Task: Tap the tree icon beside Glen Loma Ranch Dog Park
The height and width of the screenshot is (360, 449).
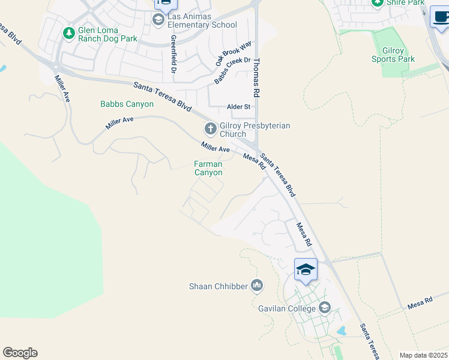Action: point(69,32)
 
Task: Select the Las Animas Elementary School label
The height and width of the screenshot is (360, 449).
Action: point(202,21)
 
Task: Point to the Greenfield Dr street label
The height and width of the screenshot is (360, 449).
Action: point(173,54)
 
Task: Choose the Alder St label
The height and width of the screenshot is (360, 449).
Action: point(238,107)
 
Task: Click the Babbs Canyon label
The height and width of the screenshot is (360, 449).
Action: point(127,104)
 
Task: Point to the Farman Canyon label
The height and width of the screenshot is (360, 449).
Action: point(208,168)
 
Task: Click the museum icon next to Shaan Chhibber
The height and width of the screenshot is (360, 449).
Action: point(258,285)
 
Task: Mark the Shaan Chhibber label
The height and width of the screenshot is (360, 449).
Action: point(218,286)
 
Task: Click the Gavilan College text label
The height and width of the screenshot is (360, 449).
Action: point(287,308)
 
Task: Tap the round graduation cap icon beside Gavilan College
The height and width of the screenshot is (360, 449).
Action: point(325,308)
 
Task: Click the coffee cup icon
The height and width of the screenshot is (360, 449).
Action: point(441,18)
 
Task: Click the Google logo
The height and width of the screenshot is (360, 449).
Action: point(20,353)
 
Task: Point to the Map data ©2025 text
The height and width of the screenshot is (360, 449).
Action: point(423,355)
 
